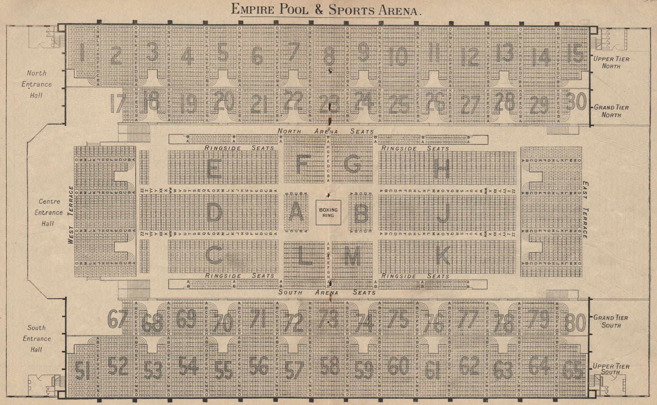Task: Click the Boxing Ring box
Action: tap(328, 212)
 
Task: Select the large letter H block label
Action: tap(442, 168)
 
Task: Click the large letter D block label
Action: tap(214, 213)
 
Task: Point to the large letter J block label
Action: tap(443, 213)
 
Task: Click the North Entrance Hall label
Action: tap(37, 84)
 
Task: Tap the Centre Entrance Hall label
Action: tap(48, 212)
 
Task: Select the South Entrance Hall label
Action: tap(37, 338)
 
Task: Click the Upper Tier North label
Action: tap(611, 62)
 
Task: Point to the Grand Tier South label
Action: tap(611, 321)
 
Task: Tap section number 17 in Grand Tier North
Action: tap(117, 104)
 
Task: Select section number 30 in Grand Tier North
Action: tap(576, 102)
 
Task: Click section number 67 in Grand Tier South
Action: tap(117, 319)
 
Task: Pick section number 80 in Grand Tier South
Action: tap(575, 322)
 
